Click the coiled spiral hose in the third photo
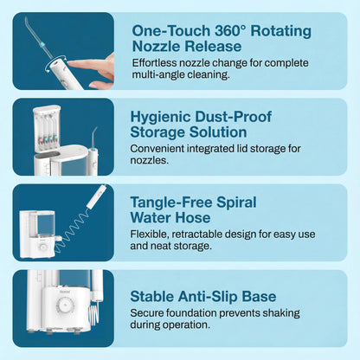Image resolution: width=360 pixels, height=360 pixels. point(72,229)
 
